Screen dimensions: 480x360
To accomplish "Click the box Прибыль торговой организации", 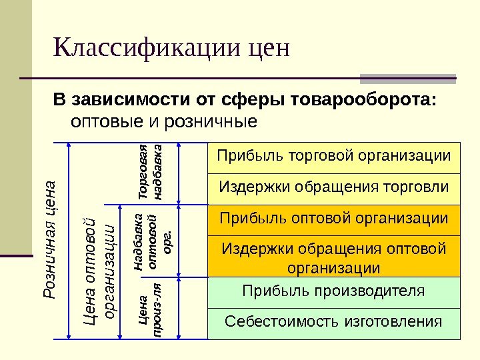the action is pyautogui.click(x=333, y=156).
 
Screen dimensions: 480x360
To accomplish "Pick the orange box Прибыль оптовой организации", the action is pyautogui.click(x=333, y=219).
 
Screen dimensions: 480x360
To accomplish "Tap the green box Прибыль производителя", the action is pyautogui.click(x=333, y=291).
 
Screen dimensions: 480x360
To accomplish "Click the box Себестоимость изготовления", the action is pyautogui.click(x=333, y=323).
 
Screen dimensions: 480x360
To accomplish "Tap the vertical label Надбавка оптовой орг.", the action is pyautogui.click(x=153, y=241).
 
